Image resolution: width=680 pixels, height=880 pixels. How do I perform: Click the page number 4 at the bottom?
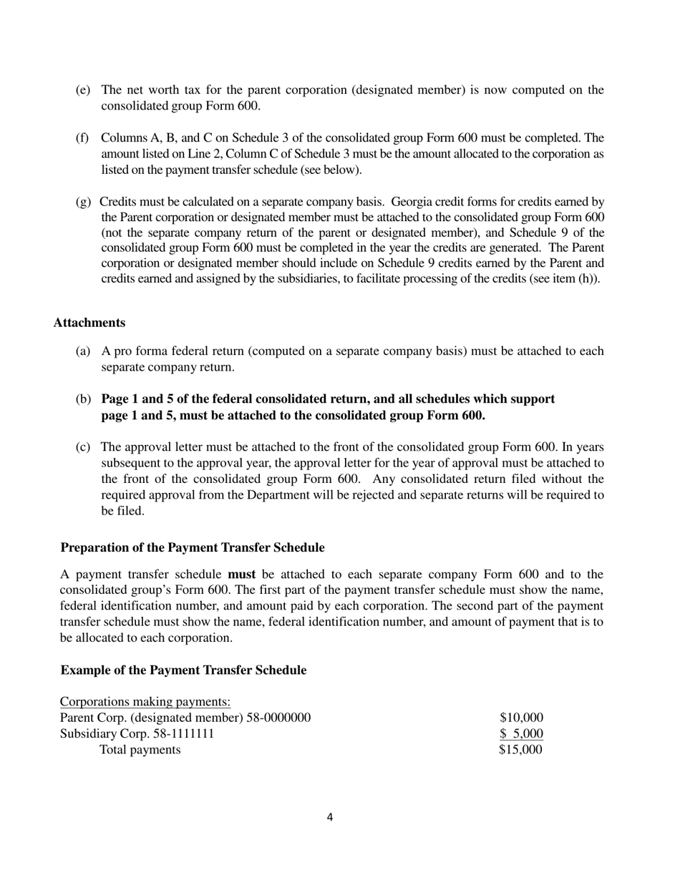pos(329,817)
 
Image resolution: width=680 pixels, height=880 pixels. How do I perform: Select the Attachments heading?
pos(89,323)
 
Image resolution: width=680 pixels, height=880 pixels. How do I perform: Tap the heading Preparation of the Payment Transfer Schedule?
pos(192,547)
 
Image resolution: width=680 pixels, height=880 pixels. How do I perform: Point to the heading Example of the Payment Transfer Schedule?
pos(183,670)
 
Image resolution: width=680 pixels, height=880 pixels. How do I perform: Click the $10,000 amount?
pos(521,718)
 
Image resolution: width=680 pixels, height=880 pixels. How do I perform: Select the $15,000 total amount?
pos(521,750)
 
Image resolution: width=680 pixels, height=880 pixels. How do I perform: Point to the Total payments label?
pos(140,750)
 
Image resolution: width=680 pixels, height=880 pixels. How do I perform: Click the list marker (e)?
pos(83,90)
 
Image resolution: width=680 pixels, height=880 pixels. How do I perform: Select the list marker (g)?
pos(83,202)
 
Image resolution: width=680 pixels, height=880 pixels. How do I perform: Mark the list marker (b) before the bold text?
pos(83,399)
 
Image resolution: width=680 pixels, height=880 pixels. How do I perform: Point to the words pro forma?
pos(149,351)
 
